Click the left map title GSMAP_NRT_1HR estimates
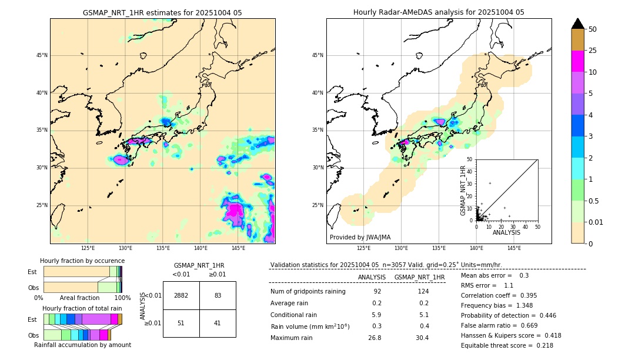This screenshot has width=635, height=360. click(x=162, y=12)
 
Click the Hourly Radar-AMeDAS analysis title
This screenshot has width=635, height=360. click(x=439, y=12)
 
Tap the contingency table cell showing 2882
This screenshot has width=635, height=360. click(x=181, y=295)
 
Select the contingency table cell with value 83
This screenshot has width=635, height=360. click(x=218, y=295)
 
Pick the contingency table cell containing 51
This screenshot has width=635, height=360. click(x=181, y=323)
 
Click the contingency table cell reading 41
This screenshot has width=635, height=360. click(x=218, y=323)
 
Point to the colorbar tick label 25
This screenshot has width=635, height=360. click(x=593, y=51)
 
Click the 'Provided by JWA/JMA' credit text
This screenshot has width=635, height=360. click(x=360, y=237)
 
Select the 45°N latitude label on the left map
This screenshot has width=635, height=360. click(x=42, y=55)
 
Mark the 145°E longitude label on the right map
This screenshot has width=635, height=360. click(x=514, y=248)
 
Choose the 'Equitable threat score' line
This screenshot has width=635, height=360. click(x=507, y=345)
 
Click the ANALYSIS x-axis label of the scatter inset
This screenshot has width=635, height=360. click(x=506, y=233)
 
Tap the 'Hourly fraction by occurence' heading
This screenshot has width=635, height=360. click(x=82, y=261)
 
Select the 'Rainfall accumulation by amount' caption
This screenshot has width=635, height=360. click(x=82, y=345)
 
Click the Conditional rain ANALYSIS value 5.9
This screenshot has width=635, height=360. click(x=376, y=314)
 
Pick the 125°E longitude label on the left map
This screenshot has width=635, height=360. click(x=88, y=248)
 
